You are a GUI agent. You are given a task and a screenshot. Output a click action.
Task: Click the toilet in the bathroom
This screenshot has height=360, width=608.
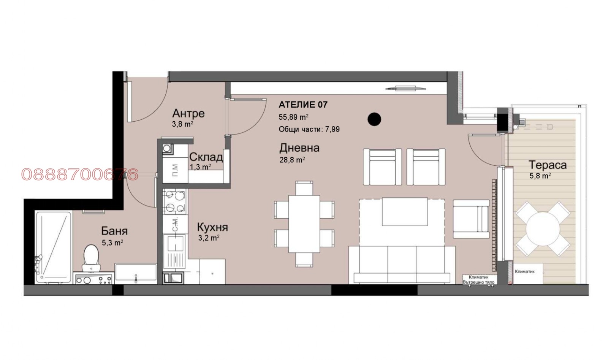pyautogui.click(x=91, y=258)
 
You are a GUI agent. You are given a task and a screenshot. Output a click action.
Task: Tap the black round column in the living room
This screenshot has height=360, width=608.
pyautogui.click(x=374, y=119)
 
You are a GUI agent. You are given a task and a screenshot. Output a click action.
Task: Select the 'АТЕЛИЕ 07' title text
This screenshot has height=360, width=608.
pyautogui.click(x=303, y=105)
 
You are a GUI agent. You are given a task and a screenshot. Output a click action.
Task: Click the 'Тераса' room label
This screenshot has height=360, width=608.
pyautogui.click(x=548, y=165)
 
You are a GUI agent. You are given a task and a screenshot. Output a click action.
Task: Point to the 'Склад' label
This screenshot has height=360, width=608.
pyautogui.click(x=206, y=157)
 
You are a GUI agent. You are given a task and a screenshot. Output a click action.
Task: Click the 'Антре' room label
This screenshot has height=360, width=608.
pyautogui.click(x=188, y=113)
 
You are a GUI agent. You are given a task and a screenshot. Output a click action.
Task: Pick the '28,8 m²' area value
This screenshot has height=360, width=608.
pyautogui.click(x=292, y=160)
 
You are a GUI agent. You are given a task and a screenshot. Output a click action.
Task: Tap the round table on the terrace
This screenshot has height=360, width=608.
pyautogui.click(x=543, y=229)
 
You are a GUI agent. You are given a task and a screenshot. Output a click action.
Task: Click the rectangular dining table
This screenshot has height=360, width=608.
pyautogui.click(x=304, y=224)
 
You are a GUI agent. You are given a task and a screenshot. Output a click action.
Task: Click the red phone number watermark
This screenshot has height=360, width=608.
pyautogui.click(x=80, y=174)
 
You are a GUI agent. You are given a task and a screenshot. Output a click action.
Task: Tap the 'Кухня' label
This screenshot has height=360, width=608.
pyautogui.click(x=212, y=227)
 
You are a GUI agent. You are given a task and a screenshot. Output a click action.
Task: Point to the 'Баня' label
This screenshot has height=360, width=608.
pyautogui.click(x=114, y=231)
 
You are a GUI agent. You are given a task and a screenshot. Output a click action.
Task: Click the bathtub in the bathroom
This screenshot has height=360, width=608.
pyautogui.click(x=53, y=247)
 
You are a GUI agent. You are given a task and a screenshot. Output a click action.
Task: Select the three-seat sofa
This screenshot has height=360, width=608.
pyautogui.click(x=402, y=265)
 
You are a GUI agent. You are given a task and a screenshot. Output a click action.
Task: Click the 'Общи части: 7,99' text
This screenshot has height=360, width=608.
pyautogui.click(x=309, y=129)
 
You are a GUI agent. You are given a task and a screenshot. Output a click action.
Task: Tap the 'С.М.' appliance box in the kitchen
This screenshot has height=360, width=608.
pyautogui.click(x=175, y=224)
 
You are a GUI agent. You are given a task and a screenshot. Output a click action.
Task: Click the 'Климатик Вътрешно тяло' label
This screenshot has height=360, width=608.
pyautogui.click(x=478, y=280)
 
